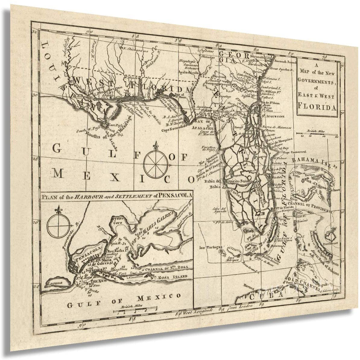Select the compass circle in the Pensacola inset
click(58, 225)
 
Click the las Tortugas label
click(208, 248)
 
